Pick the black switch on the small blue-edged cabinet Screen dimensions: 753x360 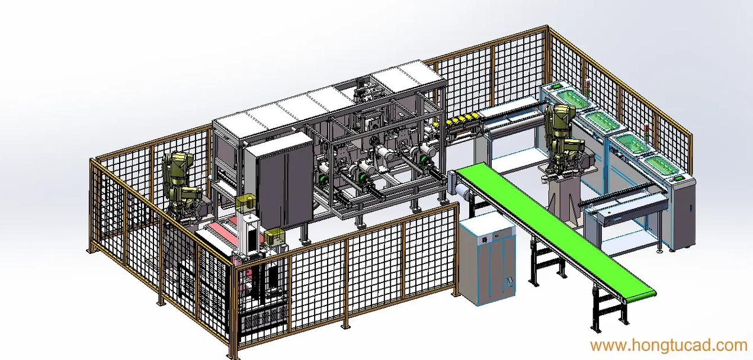(x=485, y=240)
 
